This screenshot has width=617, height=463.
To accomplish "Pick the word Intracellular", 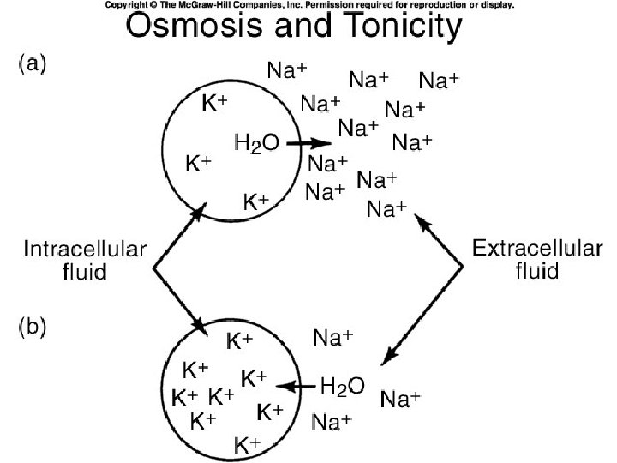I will click(85, 251).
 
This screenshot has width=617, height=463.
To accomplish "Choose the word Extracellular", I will click(536, 250).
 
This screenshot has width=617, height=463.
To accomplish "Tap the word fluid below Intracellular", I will click(83, 273).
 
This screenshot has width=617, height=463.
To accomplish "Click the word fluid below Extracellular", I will click(536, 272).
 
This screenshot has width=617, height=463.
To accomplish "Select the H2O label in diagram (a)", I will click(256, 143).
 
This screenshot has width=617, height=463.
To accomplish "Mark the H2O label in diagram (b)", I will click(342, 386).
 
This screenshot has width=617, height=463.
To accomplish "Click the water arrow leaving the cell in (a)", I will click(308, 144).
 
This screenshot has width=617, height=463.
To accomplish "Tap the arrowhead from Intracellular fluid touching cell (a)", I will click(201, 209).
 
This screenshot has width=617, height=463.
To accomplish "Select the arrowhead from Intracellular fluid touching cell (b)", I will click(203, 328).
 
